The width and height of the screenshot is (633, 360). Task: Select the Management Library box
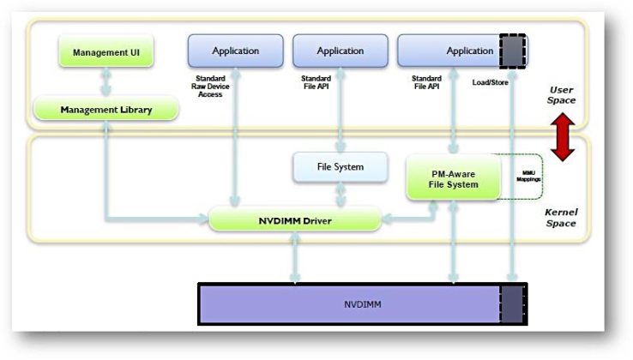point(106,110)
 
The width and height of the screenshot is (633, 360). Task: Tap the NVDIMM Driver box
point(294,221)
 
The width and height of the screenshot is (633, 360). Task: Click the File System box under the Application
point(341,167)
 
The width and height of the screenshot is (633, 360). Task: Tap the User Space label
point(562,94)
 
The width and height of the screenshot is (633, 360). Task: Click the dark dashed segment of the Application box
point(513,51)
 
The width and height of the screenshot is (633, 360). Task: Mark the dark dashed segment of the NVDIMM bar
point(513,304)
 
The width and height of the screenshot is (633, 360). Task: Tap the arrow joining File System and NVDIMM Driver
point(341,196)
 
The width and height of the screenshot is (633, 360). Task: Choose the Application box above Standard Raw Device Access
point(235,51)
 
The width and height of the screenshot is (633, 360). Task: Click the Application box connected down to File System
point(340,51)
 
